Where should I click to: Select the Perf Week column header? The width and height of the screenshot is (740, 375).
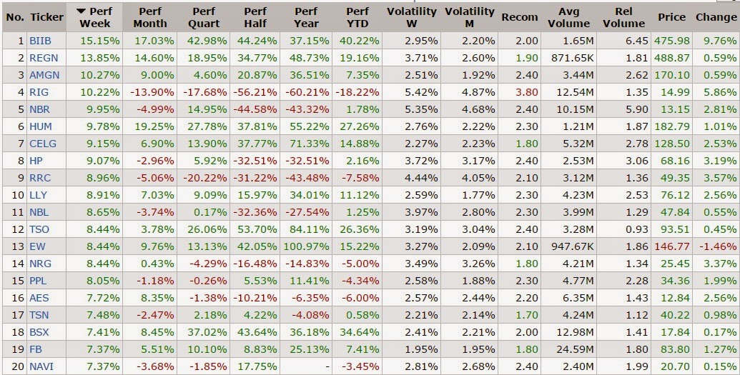point(95,17)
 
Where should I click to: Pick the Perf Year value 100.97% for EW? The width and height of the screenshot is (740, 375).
point(312,246)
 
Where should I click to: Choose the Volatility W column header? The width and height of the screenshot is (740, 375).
point(412,17)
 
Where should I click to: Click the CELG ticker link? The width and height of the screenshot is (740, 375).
point(43,144)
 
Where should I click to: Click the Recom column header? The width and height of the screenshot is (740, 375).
point(520,17)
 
